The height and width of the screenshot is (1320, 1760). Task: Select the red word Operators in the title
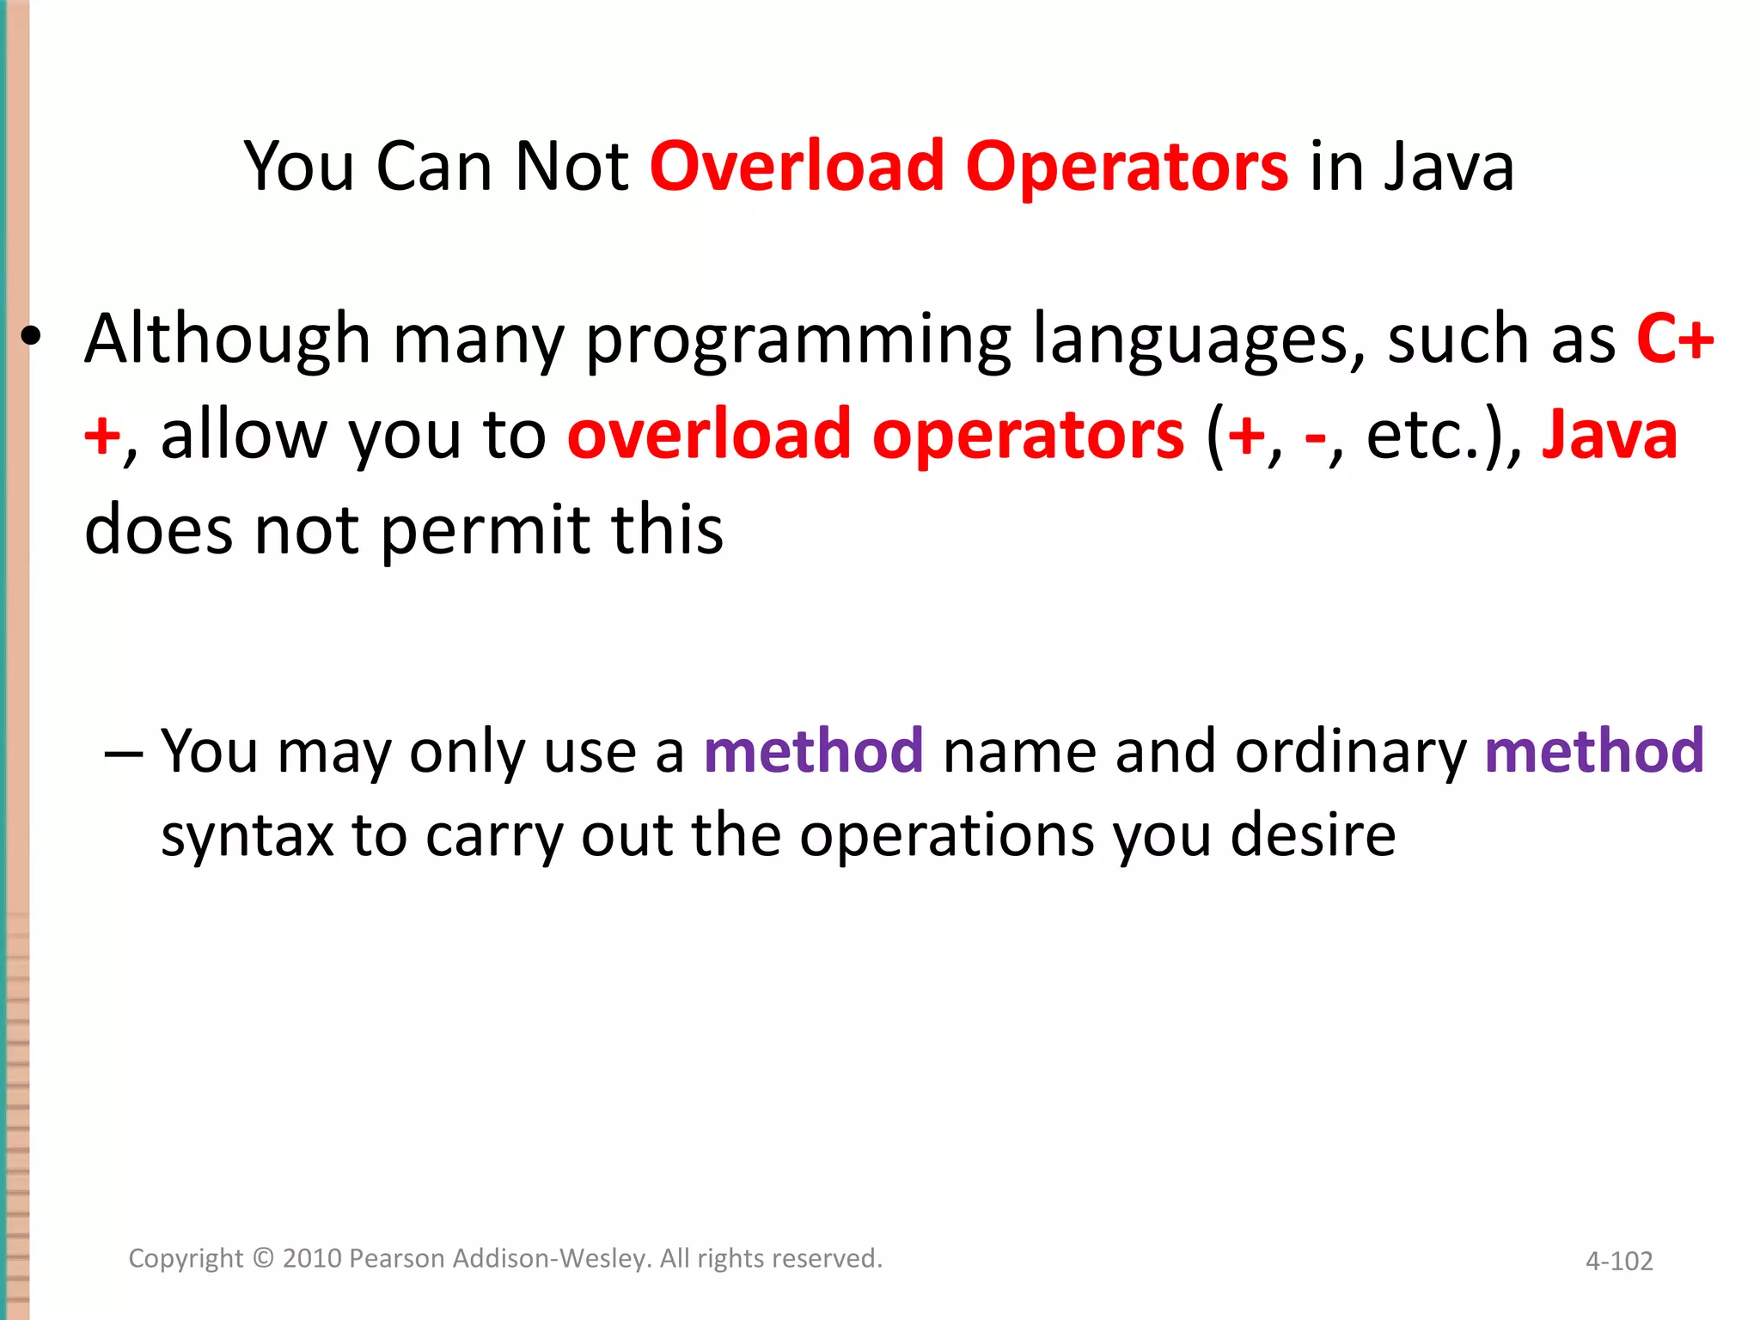1127,168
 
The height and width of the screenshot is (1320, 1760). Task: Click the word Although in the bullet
228,339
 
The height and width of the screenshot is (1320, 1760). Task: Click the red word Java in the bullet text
1609,435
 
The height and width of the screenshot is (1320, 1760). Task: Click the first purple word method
813,750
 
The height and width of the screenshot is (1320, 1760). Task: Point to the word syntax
247,836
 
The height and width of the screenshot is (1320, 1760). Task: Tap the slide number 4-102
1619,1261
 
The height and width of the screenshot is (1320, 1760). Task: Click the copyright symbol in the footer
263,1258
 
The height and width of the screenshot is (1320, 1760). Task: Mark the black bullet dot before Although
32,338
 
